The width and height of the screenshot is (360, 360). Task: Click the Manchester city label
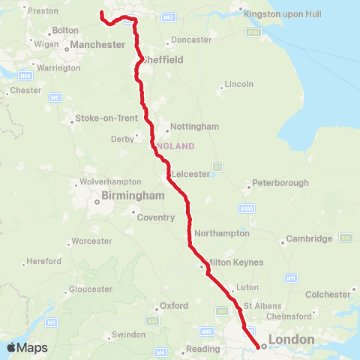click(97, 45)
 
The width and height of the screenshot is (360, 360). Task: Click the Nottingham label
click(194, 126)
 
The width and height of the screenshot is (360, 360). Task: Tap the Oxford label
click(174, 306)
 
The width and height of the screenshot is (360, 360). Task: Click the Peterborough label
click(280, 183)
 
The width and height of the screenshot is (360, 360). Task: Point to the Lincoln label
click(239, 84)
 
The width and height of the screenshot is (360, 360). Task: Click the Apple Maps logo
click(26, 347)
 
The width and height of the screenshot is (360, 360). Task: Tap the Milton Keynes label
click(234, 262)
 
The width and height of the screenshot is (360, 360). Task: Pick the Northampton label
click(221, 233)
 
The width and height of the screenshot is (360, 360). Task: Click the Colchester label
click(327, 294)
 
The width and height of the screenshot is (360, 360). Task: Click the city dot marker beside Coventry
click(136, 217)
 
